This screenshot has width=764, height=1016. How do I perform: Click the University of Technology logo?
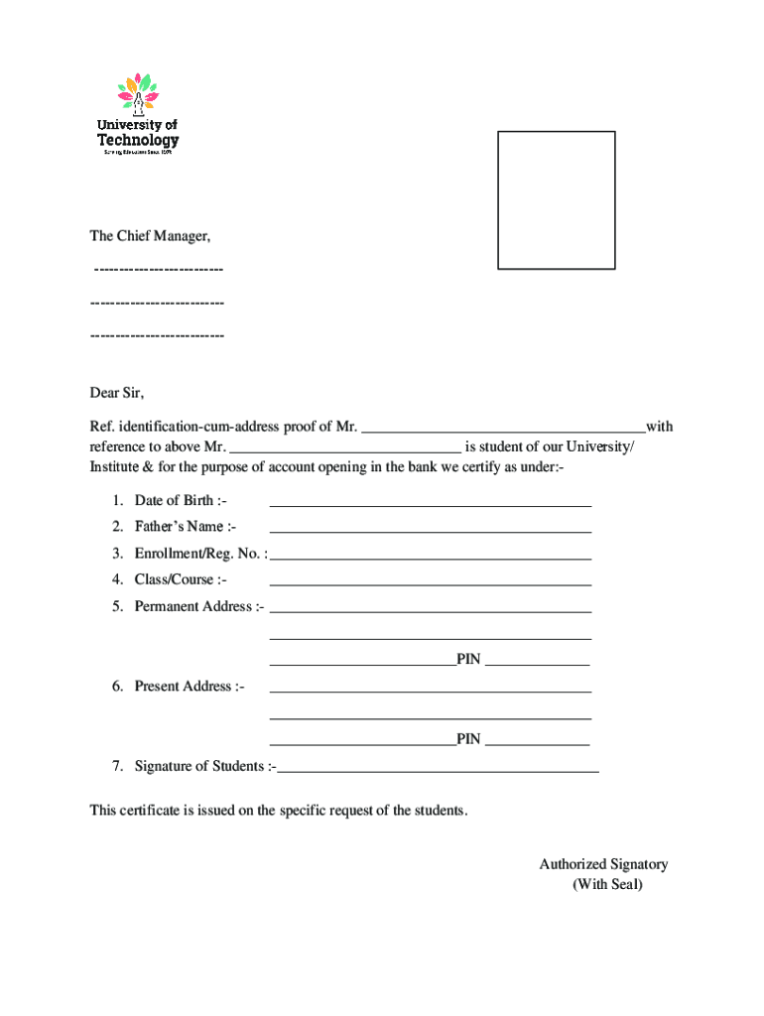[138, 114]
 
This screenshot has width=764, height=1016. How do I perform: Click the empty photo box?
[556, 199]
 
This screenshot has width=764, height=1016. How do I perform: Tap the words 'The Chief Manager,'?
[151, 237]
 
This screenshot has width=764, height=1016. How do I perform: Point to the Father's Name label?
[186, 527]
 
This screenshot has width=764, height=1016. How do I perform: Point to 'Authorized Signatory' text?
[603, 864]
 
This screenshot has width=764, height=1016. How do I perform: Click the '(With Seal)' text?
[607, 885]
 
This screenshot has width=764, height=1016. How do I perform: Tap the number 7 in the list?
[116, 766]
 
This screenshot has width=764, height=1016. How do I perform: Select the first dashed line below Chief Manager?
[158, 269]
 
